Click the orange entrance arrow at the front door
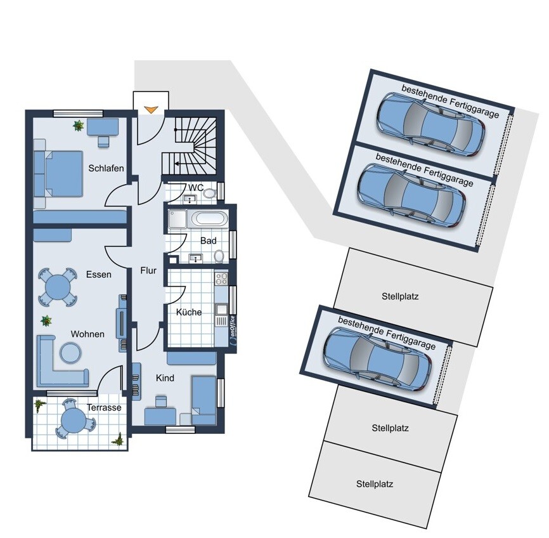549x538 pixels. click(x=151, y=110)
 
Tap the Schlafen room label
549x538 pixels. click(x=107, y=168)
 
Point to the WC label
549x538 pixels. click(x=196, y=188)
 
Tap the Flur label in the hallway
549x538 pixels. click(x=148, y=270)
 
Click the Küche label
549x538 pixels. click(x=189, y=312)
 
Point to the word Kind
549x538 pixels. click(x=165, y=378)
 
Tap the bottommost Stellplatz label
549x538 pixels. click(x=374, y=484)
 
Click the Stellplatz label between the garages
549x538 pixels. click(x=401, y=296)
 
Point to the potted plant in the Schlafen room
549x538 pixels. click(x=79, y=126)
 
